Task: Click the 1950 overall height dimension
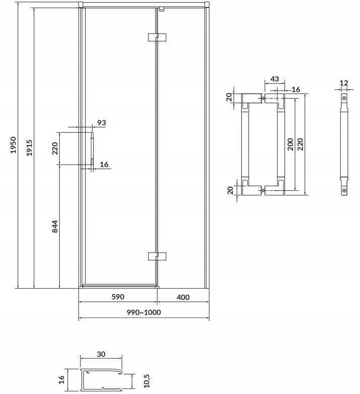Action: click(x=13, y=145)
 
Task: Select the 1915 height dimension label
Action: click(x=29, y=148)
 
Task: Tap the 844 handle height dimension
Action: click(x=55, y=226)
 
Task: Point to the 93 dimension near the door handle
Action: click(x=102, y=123)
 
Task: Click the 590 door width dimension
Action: click(x=118, y=297)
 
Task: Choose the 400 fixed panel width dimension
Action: click(x=183, y=297)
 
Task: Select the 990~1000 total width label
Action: click(x=143, y=312)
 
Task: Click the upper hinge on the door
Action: click(x=157, y=37)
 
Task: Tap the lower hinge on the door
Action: click(x=157, y=256)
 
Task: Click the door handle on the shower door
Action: click(x=92, y=148)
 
